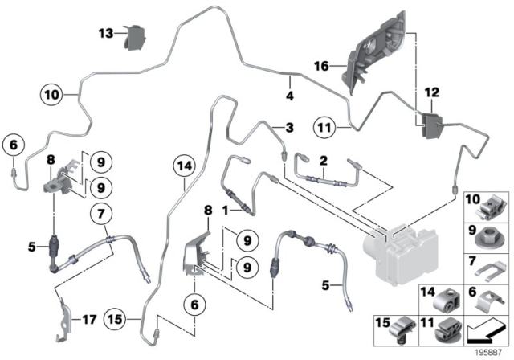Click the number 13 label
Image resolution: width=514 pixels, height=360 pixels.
tap(107, 33)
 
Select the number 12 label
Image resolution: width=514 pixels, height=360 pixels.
tap(432, 95)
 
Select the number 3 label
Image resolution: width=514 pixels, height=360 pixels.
tap(289, 128)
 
